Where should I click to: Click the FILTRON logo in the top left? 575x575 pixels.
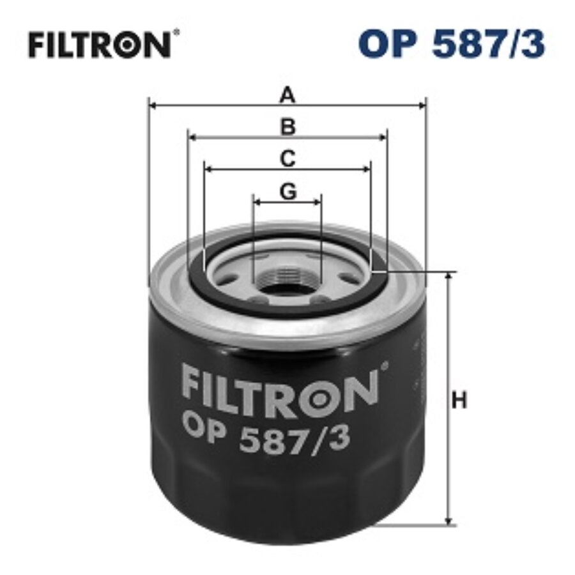coord(99,45)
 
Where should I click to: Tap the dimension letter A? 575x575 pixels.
coord(289,96)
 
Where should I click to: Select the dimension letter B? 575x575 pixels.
coord(289,127)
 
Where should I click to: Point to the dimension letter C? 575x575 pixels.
coord(289,158)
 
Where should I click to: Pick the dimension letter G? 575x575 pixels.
coord(289,191)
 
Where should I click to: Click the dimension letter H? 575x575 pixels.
coord(459,401)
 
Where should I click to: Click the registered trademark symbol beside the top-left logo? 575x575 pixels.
coord(176,33)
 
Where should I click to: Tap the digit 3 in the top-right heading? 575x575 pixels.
coord(534,45)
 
